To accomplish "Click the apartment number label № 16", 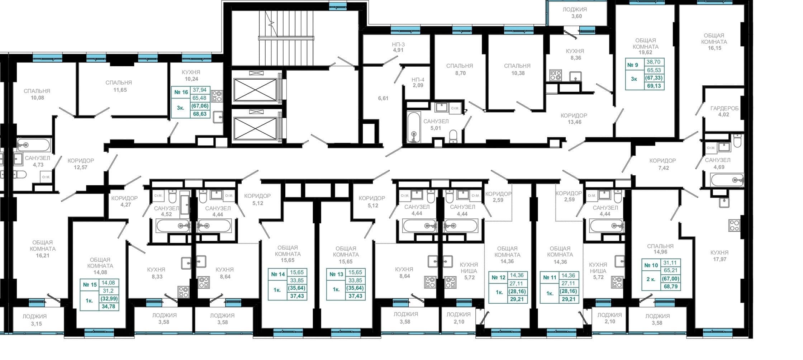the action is tap(181, 92).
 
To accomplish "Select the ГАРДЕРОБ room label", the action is tap(724, 108).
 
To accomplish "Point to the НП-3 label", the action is tap(398, 44).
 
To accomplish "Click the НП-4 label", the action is tap(418, 79).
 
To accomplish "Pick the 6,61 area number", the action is tap(383, 98).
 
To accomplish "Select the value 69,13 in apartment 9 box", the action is tap(654, 86).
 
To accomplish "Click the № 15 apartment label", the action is tap(90, 285).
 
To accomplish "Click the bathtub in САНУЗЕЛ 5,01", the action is tap(414, 127).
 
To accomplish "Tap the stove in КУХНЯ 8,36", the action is tap(556, 75).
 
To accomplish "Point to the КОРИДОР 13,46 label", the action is tap(574, 119).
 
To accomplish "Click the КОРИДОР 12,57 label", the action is tap(81, 164).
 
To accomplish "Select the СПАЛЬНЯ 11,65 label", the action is tap(119, 86).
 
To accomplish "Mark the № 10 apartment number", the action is tap(651, 265).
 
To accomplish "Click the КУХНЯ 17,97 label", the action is tap(719, 256).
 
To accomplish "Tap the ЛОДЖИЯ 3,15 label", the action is tap(34, 320).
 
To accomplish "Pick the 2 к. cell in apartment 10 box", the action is tap(651, 279).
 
